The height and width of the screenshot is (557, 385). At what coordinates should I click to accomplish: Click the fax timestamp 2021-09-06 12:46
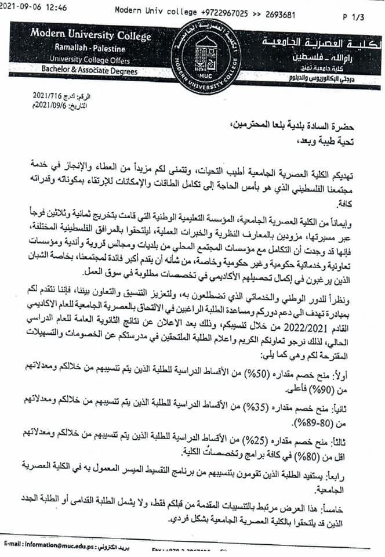point(34,8)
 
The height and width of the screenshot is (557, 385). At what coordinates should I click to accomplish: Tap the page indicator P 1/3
point(353,17)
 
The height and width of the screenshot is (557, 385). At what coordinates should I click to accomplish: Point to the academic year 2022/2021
point(302,326)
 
